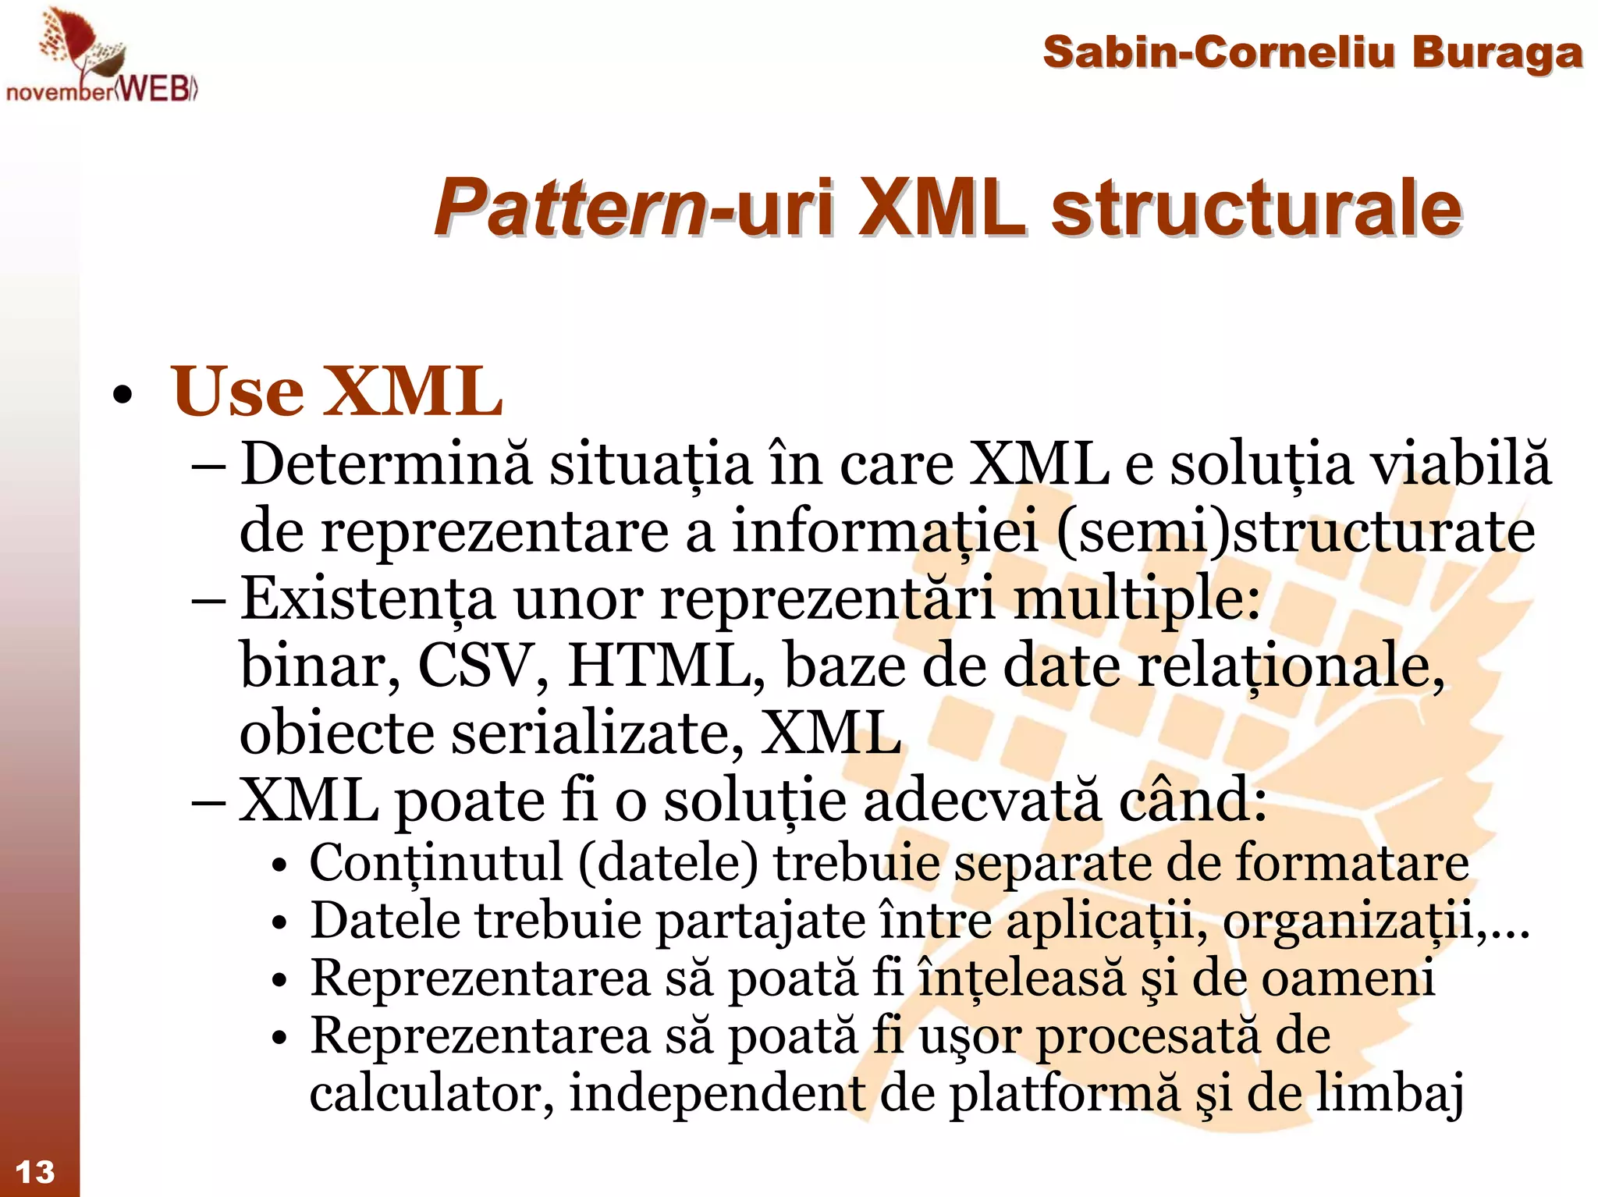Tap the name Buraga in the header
[1496, 53]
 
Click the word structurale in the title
[1255, 208]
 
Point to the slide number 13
[35, 1171]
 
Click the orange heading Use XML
[336, 392]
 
